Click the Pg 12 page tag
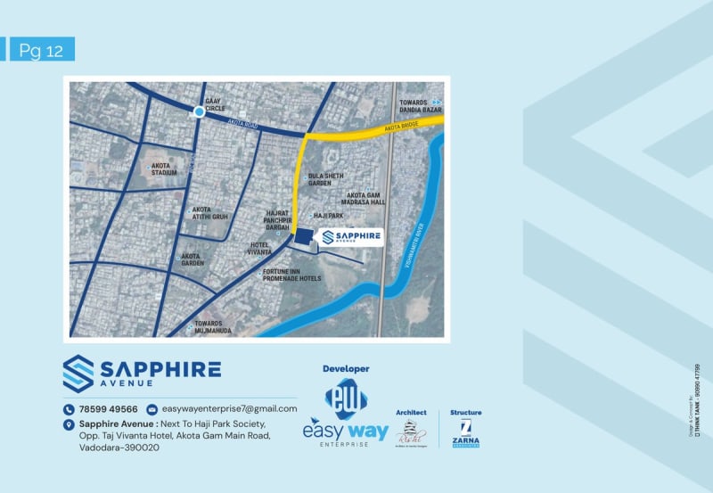(x=41, y=50)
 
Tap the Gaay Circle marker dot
(x=199, y=111)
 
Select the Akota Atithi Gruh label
(x=209, y=213)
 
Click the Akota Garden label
(x=193, y=259)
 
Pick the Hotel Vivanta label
(x=259, y=249)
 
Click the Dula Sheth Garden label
(x=325, y=179)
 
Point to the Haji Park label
(x=328, y=216)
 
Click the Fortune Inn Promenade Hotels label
(x=291, y=275)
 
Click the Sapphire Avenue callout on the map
(x=350, y=237)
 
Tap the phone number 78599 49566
(x=107, y=409)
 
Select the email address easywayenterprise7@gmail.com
(x=229, y=409)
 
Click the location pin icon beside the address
(x=69, y=424)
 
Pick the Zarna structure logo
(x=465, y=431)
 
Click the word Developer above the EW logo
(x=345, y=368)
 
